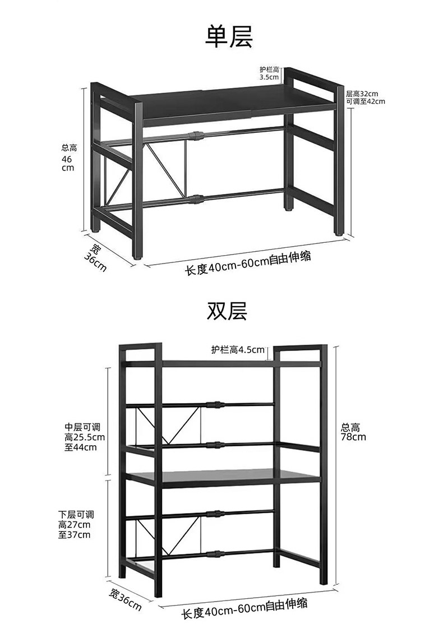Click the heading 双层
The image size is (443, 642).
pyautogui.click(x=227, y=310)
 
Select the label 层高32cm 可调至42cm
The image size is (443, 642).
pyautogui.click(x=365, y=98)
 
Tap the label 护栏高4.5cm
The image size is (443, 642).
pyautogui.click(x=238, y=350)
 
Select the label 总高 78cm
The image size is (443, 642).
pyautogui.click(x=354, y=431)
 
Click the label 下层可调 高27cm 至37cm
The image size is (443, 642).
pyautogui.click(x=75, y=524)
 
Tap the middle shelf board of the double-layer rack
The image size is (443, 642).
pyautogui.click(x=224, y=477)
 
